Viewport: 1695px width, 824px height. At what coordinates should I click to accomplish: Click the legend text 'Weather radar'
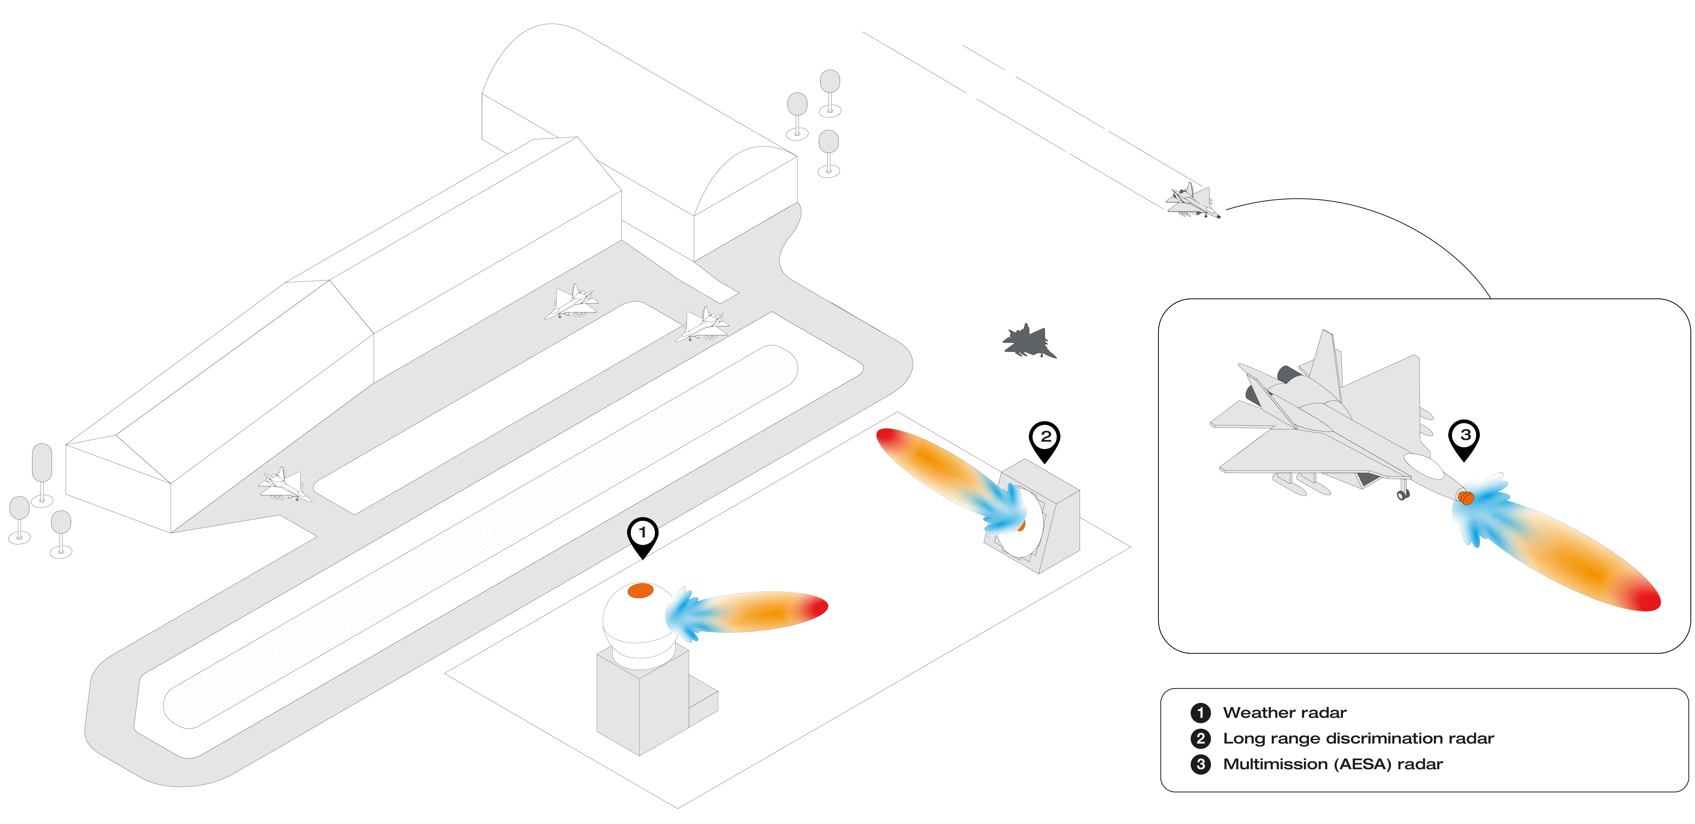click(x=1284, y=713)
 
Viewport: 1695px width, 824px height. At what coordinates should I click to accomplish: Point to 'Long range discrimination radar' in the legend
click(x=1358, y=738)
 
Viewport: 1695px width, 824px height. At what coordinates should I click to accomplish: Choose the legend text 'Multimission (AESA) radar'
click(x=1332, y=764)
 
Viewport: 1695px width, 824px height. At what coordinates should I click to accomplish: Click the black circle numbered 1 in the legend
click(x=1201, y=713)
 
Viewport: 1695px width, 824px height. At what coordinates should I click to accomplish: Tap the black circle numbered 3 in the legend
click(x=1201, y=764)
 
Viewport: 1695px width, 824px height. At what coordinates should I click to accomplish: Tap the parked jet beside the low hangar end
click(x=283, y=484)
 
